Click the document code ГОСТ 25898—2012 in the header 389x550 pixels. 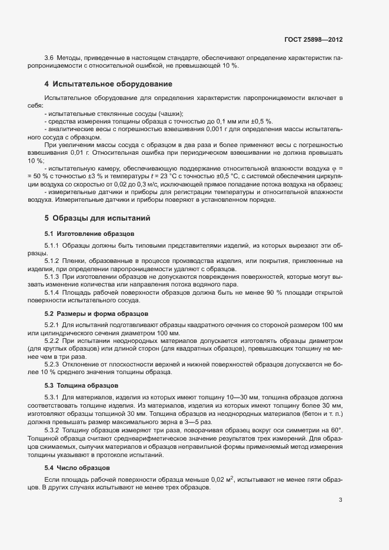coord(312,39)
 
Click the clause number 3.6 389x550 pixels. coord(49,58)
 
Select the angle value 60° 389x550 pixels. coord(336,432)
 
